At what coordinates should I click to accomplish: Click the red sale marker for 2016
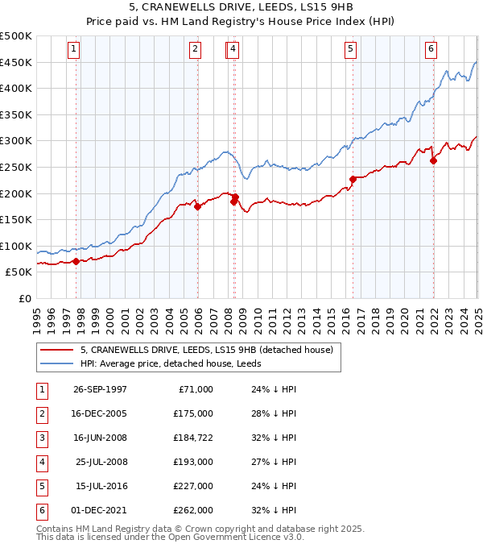(353, 179)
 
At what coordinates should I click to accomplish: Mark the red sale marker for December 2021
(433, 160)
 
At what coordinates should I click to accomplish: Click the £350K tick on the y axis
(16, 115)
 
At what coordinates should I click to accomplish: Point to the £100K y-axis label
(16, 247)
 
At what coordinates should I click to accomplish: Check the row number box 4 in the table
(40, 462)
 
